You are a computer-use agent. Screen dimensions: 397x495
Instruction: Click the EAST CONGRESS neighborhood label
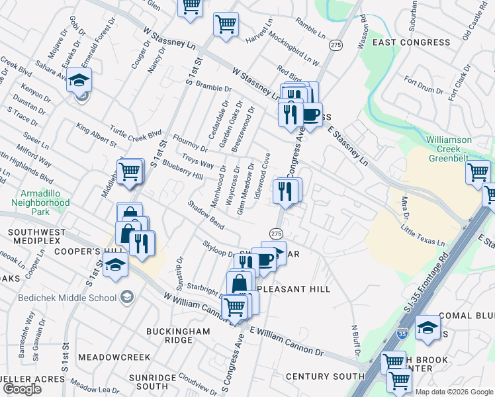[411, 42]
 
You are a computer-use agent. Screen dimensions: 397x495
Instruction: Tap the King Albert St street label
[96, 134]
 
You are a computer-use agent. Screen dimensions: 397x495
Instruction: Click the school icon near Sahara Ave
[79, 81]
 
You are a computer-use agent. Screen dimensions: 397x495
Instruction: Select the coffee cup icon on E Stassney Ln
[310, 114]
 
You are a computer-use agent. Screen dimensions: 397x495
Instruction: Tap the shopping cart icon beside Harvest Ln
[226, 24]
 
